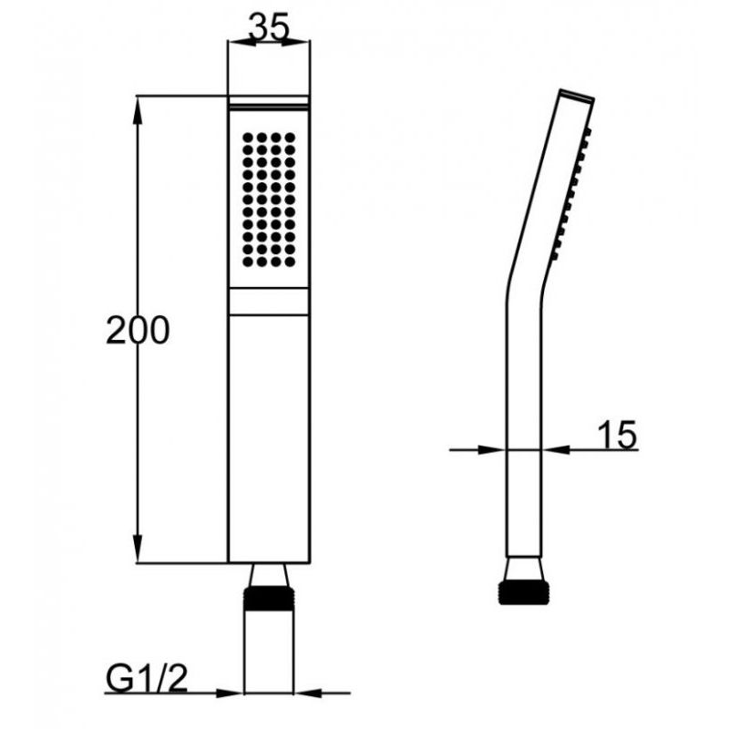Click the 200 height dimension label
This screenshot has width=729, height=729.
[138, 330]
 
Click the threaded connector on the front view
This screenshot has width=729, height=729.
[269, 602]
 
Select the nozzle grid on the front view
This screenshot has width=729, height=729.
[269, 200]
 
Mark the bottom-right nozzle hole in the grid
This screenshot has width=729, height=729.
[291, 262]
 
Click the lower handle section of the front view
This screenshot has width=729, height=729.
[269, 437]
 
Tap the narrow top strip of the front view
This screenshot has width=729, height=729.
[269, 101]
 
